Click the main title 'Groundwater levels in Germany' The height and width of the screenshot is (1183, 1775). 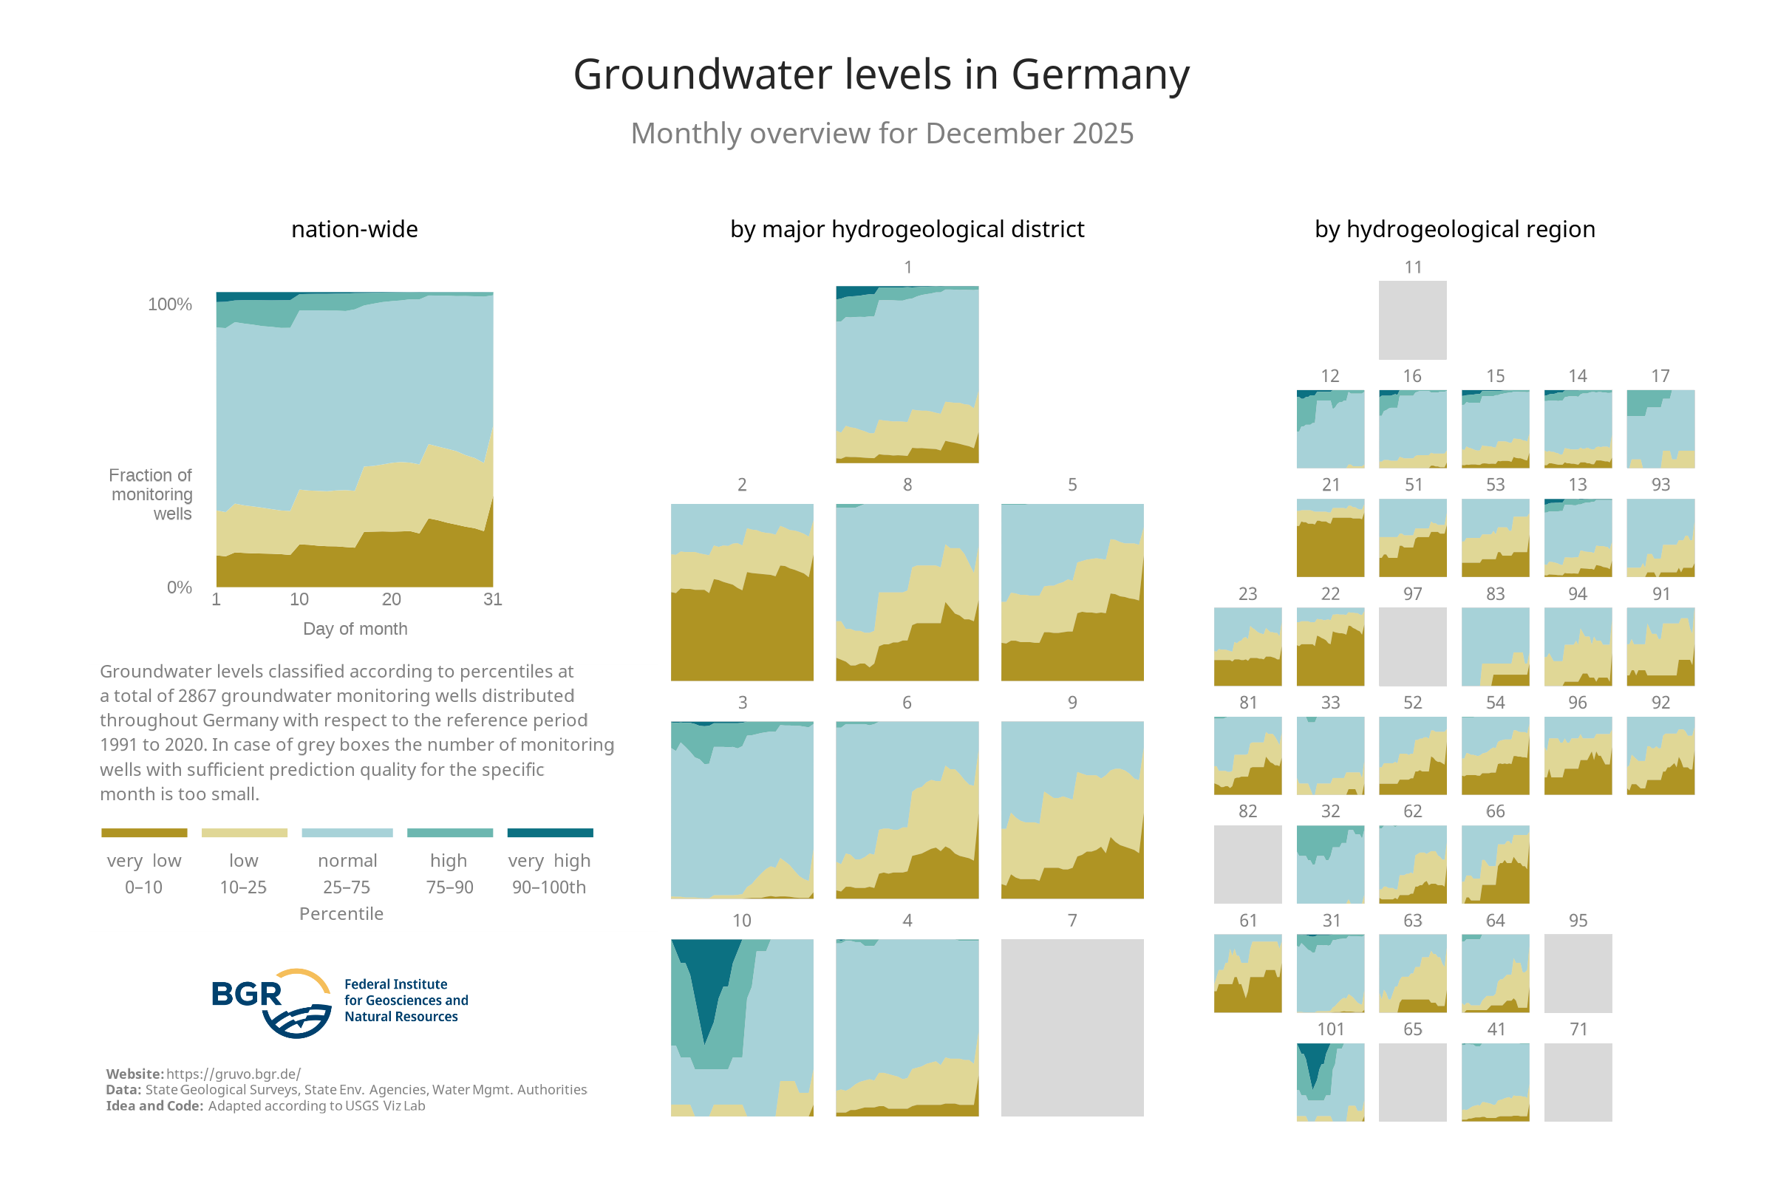click(880, 75)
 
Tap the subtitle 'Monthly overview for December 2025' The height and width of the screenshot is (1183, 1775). click(881, 134)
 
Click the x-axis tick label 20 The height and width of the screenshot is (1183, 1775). click(391, 599)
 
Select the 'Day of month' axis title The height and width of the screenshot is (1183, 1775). click(355, 629)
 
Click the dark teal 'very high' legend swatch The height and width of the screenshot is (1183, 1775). click(550, 833)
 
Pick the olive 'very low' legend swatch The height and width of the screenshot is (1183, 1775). click(144, 833)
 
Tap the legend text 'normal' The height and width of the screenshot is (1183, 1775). click(347, 860)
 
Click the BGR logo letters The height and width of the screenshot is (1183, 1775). click(246, 995)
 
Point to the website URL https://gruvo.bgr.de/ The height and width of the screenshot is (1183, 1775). click(233, 1074)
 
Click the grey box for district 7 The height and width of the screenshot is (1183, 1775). click(1072, 1027)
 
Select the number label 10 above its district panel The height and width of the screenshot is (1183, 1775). click(741, 921)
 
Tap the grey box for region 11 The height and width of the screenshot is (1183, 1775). click(1412, 320)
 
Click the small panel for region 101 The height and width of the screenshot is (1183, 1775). click(1330, 1082)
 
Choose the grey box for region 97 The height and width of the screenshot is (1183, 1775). click(1412, 647)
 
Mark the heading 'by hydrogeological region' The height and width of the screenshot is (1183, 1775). click(1454, 229)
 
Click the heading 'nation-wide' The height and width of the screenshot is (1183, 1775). click(355, 229)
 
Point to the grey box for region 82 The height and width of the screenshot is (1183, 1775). click(1247, 864)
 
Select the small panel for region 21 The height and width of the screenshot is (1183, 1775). click(1330, 538)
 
